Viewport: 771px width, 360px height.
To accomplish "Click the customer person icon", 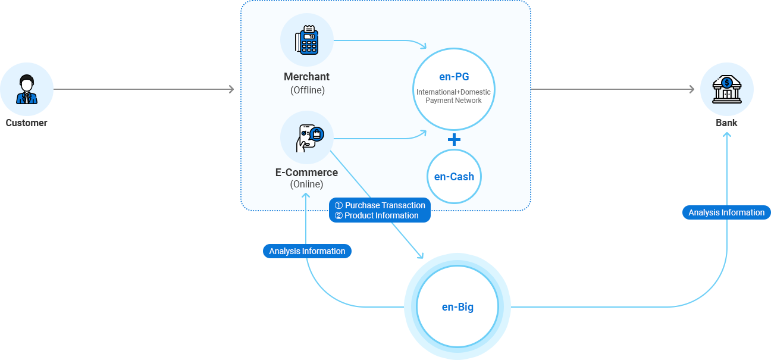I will [x=27, y=89].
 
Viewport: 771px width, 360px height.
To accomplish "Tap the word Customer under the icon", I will [x=27, y=123].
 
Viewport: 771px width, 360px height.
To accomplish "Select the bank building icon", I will [x=726, y=89].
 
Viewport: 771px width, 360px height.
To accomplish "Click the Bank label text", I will [x=726, y=123].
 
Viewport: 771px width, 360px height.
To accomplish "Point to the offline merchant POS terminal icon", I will [x=307, y=40].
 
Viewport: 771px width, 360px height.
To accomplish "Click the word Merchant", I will [x=307, y=77].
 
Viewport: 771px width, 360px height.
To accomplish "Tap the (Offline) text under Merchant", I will [x=307, y=90].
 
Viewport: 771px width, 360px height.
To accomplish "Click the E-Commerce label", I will [x=306, y=173].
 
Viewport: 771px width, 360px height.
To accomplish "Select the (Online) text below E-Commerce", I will [x=306, y=184].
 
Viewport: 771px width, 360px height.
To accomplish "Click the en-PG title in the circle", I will [x=454, y=77].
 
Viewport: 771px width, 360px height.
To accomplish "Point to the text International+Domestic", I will [x=453, y=92].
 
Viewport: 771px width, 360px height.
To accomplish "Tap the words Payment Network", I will [x=453, y=101].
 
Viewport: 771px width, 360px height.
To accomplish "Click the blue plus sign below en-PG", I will [x=454, y=140].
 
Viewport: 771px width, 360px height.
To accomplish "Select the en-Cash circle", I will [x=454, y=177].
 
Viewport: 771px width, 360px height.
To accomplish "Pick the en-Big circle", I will [x=457, y=307].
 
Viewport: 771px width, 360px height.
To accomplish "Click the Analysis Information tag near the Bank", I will [x=726, y=212].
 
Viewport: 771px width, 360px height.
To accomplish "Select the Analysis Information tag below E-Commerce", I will [x=307, y=251].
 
